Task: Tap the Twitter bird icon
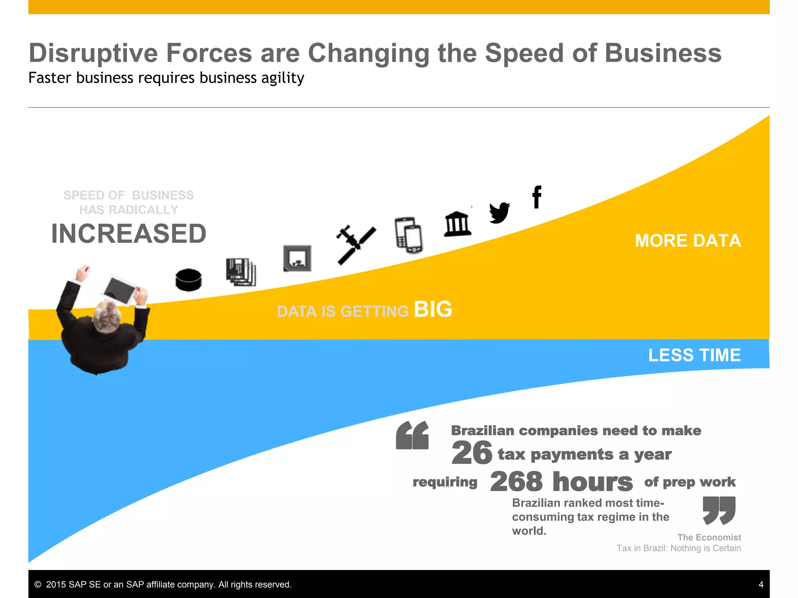(500, 213)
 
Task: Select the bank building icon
(458, 224)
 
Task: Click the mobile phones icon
(408, 235)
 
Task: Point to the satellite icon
(356, 244)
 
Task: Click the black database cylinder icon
(189, 280)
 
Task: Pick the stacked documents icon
(241, 272)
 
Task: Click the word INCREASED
(129, 234)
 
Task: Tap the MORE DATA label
(688, 241)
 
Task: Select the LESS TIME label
(694, 355)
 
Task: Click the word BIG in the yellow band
(433, 310)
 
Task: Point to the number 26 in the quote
(471, 453)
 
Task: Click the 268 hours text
(561, 482)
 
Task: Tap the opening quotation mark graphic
(412, 435)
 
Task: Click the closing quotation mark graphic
(719, 510)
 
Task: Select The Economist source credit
(709, 537)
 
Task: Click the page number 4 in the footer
(761, 584)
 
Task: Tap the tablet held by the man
(119, 290)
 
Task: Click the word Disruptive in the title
(93, 53)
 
